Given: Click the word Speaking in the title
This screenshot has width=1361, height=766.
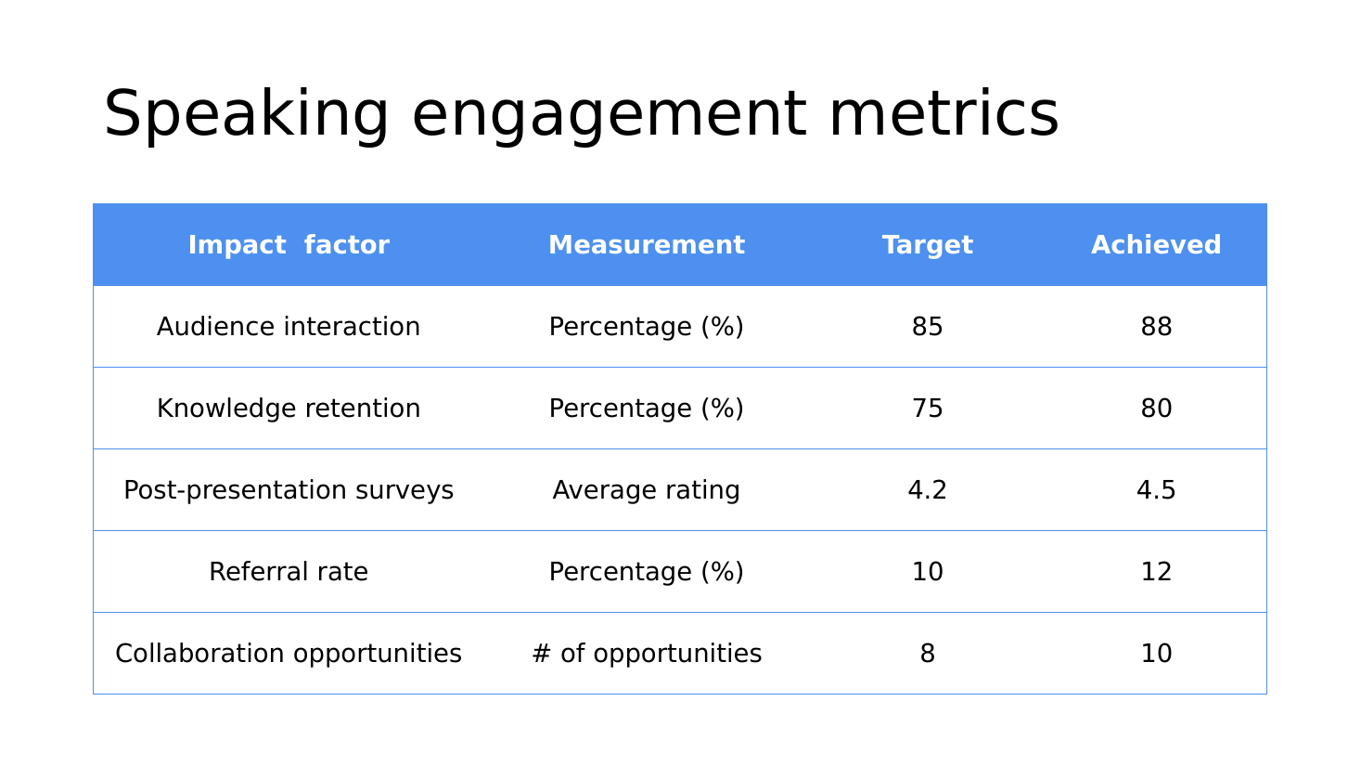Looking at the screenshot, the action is (246, 115).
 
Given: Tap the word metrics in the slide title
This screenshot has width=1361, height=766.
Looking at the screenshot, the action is (944, 113).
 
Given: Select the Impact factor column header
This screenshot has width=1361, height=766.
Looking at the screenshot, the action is (289, 245).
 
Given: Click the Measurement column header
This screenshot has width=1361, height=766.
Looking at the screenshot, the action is (647, 245).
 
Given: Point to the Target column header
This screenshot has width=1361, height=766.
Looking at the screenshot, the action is (927, 246).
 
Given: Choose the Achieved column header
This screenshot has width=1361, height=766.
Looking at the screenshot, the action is (1156, 245).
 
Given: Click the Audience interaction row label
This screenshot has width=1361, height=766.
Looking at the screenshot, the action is (289, 327).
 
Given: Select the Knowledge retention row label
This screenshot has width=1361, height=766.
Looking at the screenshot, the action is (289, 408).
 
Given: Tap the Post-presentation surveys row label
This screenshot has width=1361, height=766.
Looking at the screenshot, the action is (289, 490).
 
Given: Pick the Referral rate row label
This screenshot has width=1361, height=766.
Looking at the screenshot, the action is (289, 571).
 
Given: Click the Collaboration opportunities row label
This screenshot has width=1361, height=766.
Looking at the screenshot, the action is (289, 654).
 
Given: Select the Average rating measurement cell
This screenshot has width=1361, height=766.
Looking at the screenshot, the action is (647, 490).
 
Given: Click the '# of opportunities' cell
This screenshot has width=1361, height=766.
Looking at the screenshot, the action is (647, 654).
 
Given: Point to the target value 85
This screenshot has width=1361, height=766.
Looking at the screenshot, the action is (927, 327).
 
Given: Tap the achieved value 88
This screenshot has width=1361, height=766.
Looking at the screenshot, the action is (1156, 327).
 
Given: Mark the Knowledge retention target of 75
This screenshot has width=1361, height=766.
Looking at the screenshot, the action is (927, 408).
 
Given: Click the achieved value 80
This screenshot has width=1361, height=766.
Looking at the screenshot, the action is (1156, 408).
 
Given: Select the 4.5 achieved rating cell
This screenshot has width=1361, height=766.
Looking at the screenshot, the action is (1156, 490).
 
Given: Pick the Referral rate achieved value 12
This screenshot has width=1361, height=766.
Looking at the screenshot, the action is (1156, 571).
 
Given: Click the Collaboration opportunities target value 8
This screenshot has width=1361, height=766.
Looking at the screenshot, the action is (927, 654).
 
